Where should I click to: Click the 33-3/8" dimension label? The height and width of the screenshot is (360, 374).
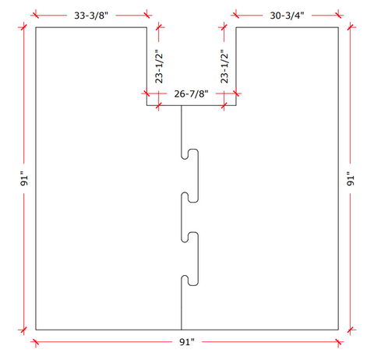[x=91, y=16]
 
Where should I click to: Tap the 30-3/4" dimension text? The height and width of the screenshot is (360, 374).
[x=287, y=16]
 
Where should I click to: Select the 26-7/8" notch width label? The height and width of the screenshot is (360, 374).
[x=191, y=94]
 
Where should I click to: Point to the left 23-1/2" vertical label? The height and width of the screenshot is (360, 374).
[x=159, y=68]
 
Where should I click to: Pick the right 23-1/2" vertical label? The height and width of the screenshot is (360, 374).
[x=224, y=68]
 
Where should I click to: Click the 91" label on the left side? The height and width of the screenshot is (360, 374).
[x=24, y=179]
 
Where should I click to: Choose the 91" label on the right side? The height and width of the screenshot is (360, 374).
[x=351, y=179]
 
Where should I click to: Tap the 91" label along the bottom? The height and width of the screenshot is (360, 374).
[x=187, y=342]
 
